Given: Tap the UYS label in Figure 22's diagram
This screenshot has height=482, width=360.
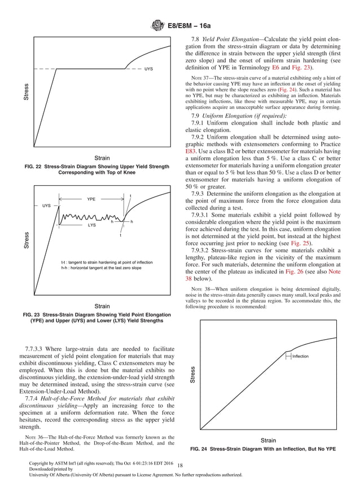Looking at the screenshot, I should (148, 69).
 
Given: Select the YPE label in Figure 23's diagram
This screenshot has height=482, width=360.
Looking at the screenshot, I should (91, 200).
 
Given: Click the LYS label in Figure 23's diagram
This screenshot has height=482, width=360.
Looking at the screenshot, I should (91, 225).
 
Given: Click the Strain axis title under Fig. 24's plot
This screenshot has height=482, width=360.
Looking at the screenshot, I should (268, 440).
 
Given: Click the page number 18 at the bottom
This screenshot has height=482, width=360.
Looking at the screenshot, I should (180, 465).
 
